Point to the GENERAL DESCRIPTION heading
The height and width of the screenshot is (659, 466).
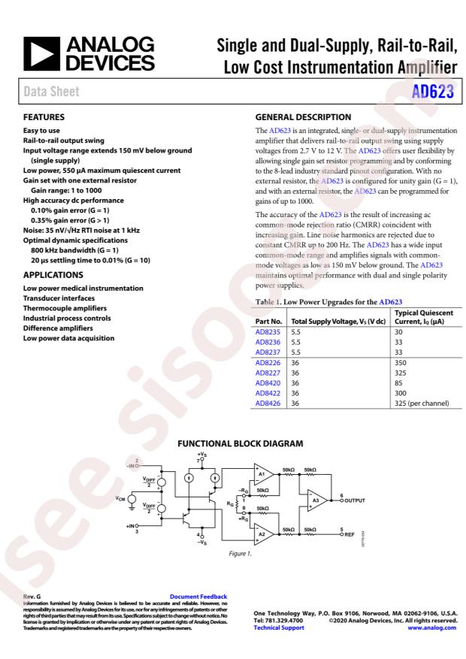coord(304,117)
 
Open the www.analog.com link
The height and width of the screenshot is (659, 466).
coord(434,628)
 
